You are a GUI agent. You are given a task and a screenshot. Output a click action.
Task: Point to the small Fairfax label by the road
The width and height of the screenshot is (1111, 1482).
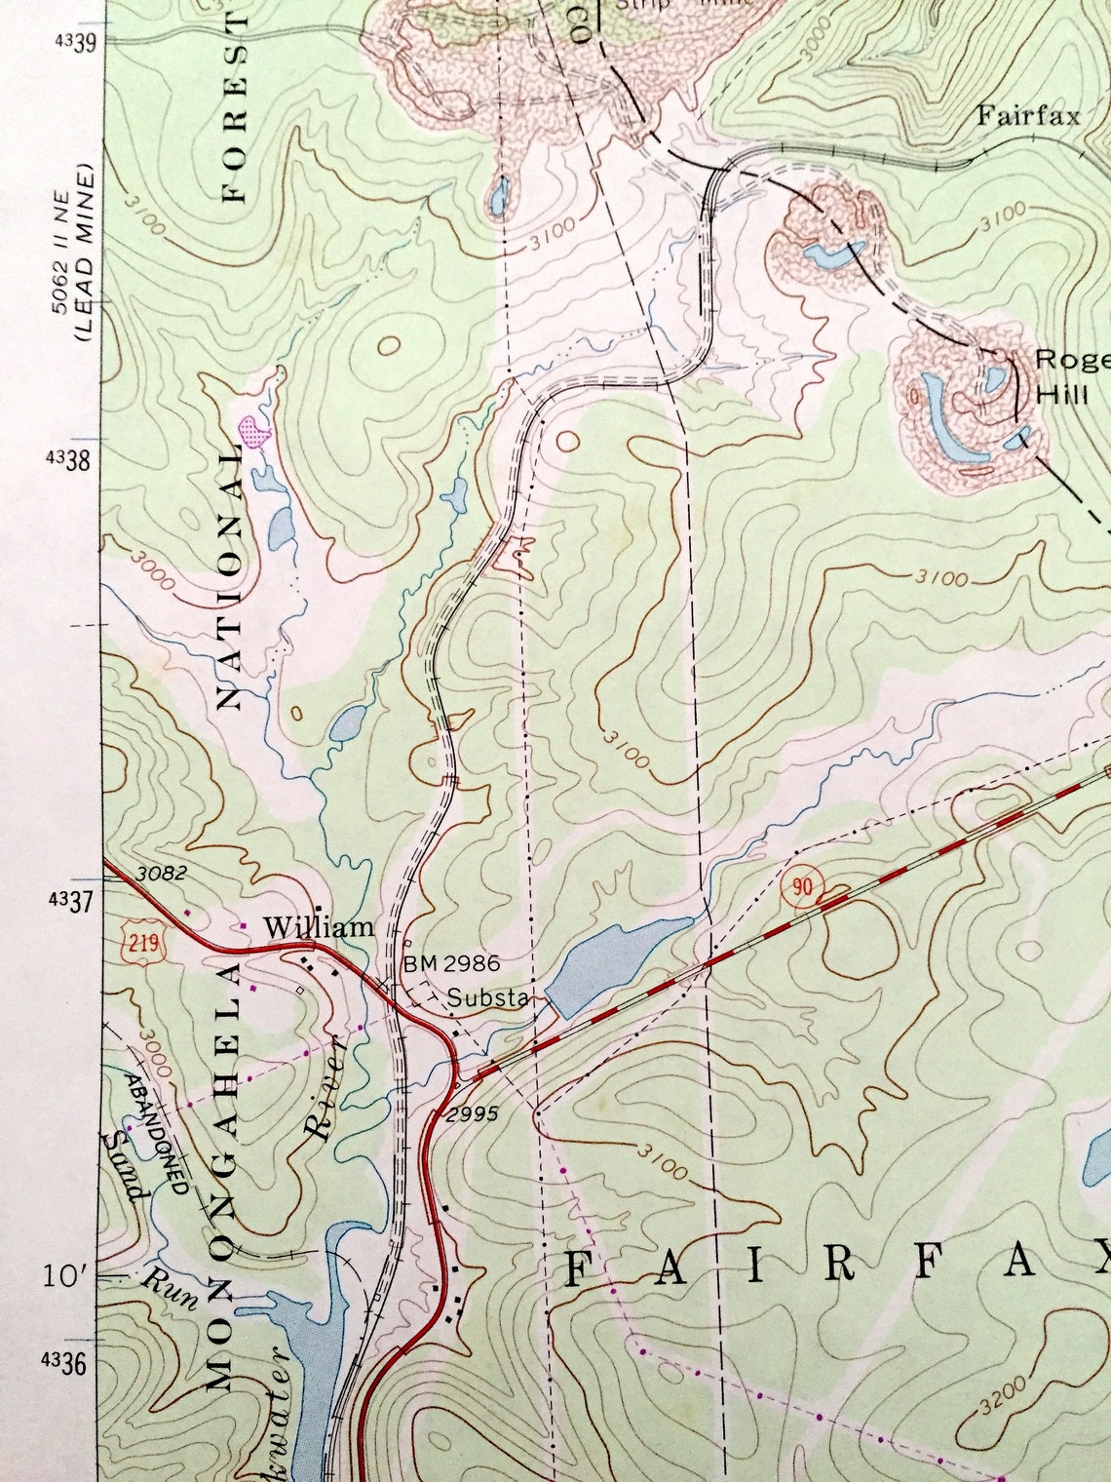pyautogui.click(x=1029, y=117)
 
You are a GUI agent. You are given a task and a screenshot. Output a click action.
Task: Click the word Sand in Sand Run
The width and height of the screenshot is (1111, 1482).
pyautogui.click(x=127, y=1166)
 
